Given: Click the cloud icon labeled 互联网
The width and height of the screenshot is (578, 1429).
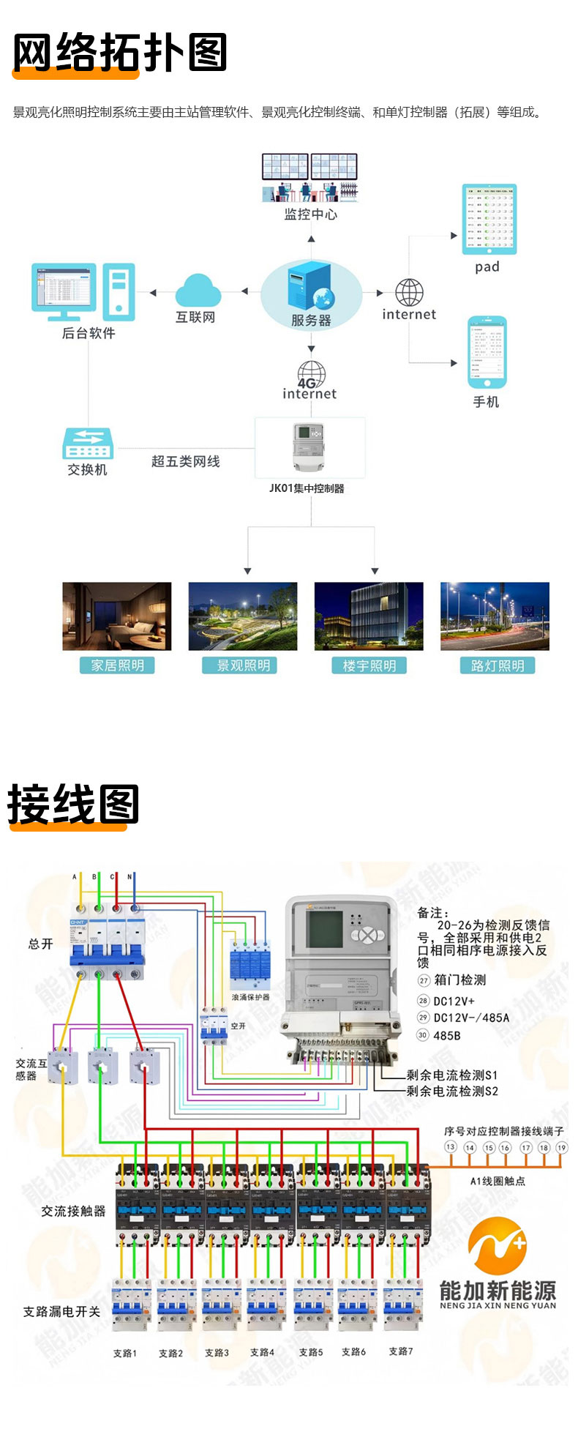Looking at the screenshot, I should [x=198, y=291].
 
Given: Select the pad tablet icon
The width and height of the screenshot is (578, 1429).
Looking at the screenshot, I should [x=489, y=220].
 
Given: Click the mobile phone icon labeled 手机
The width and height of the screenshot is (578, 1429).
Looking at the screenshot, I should [x=487, y=353].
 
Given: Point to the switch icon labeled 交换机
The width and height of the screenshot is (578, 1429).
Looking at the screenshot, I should [x=88, y=443].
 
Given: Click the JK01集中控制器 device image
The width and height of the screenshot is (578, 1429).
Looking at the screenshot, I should [x=309, y=447].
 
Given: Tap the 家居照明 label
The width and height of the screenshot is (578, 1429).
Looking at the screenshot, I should [x=117, y=665].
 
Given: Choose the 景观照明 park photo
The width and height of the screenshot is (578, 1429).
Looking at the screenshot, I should [x=243, y=616].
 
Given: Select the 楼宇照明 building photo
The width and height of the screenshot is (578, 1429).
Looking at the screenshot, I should [x=369, y=616].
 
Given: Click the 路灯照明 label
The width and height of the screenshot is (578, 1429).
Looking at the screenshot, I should [x=498, y=665].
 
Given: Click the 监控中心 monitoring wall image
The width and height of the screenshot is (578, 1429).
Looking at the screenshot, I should [x=310, y=177].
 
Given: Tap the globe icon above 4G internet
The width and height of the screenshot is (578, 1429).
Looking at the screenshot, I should [x=312, y=372].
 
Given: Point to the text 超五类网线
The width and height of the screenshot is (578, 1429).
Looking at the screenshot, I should [x=185, y=461].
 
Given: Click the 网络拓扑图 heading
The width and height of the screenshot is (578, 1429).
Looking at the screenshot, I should [x=120, y=53].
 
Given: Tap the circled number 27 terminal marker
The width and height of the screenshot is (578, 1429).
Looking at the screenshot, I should [x=424, y=980].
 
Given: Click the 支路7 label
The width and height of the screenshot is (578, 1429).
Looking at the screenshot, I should [x=401, y=1351].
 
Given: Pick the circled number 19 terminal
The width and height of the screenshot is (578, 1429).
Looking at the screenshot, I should [x=561, y=1147].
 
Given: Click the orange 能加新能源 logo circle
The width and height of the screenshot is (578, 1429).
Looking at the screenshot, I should [x=498, y=1246].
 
